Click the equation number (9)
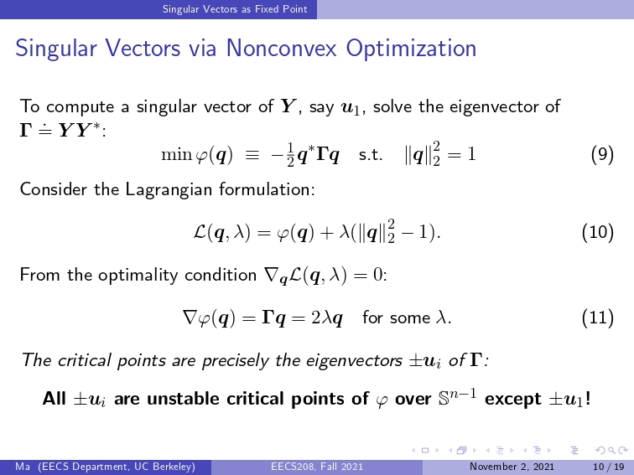(602, 155)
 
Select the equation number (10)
(598, 232)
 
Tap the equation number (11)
(598, 318)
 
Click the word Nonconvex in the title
(281, 48)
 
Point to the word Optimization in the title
(411, 49)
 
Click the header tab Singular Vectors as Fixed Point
(235, 9)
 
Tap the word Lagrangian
(169, 190)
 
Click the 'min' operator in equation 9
(176, 155)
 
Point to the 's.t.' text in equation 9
(371, 155)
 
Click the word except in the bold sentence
(512, 400)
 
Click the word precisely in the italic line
(235, 361)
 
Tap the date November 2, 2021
(512, 467)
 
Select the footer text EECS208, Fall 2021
(317, 467)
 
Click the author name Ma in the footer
(23, 467)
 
